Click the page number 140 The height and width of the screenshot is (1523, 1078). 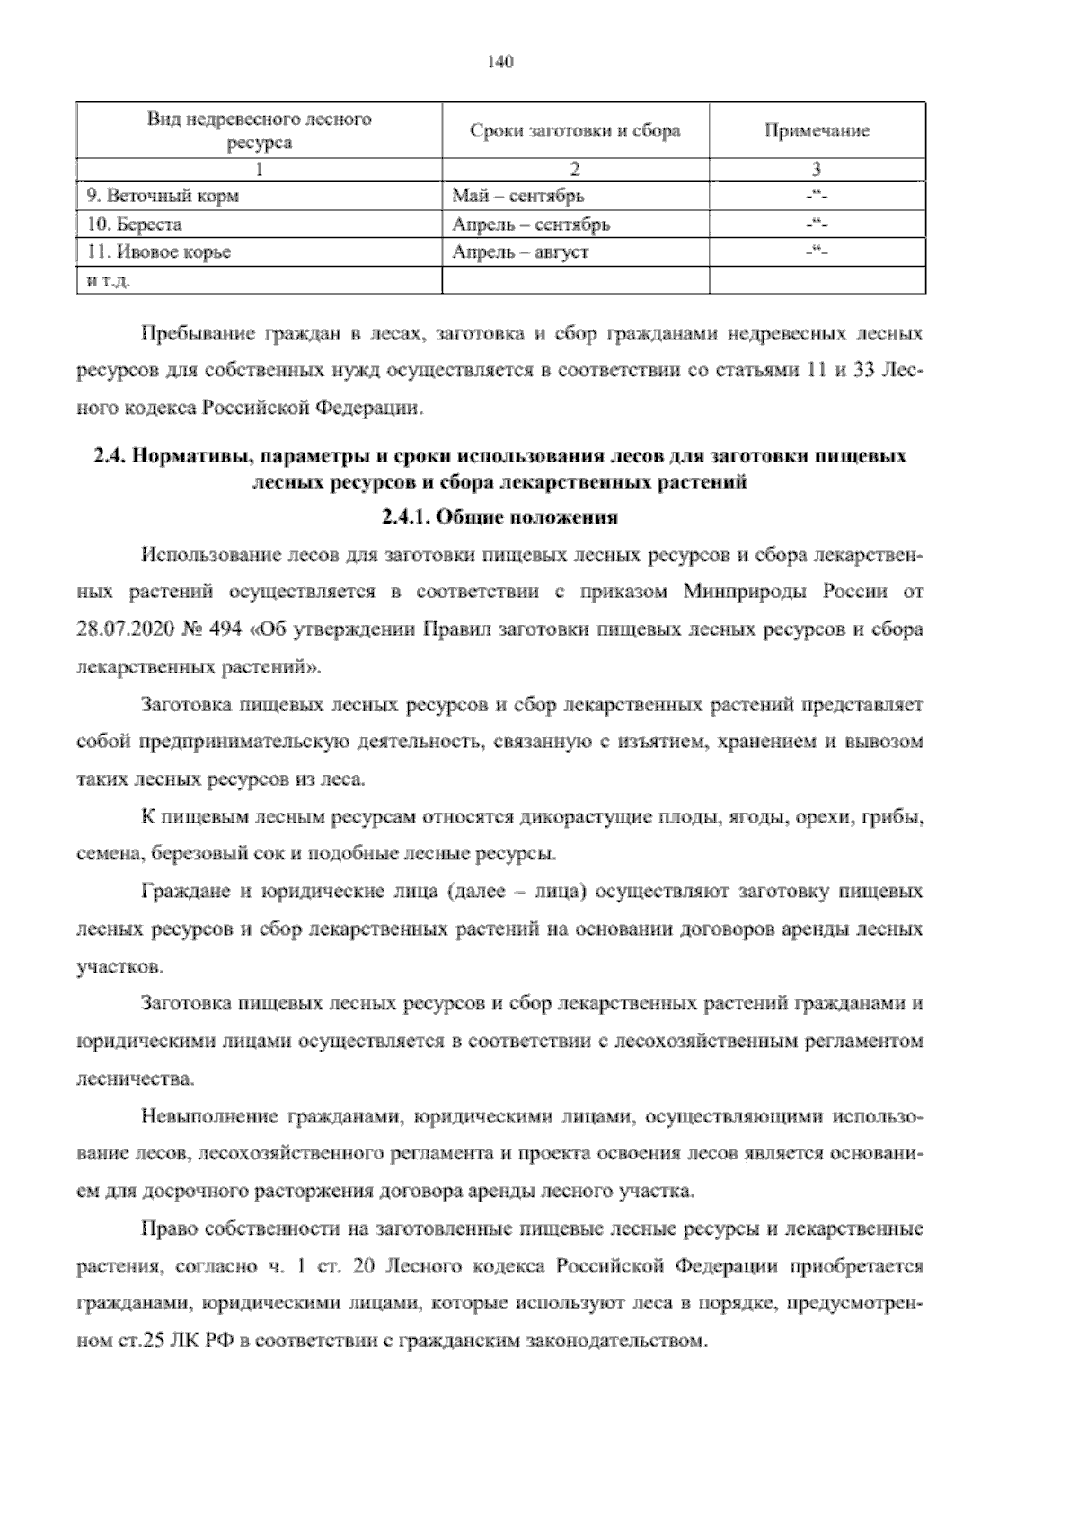(x=499, y=62)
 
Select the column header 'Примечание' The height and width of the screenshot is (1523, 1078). (x=817, y=131)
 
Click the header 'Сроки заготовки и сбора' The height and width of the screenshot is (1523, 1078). (x=575, y=131)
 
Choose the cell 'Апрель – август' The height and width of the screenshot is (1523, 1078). (x=520, y=252)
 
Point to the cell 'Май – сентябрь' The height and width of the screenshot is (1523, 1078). (x=518, y=196)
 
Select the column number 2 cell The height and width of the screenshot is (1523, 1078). (x=575, y=169)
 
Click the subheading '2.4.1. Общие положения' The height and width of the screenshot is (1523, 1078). (x=499, y=518)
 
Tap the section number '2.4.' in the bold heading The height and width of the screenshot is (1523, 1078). (x=110, y=456)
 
